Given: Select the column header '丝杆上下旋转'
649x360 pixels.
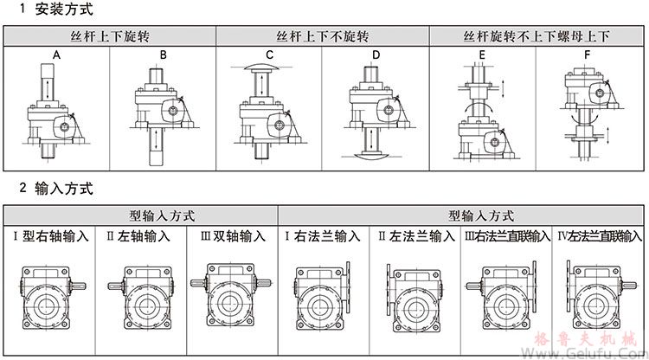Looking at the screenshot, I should click(x=111, y=37).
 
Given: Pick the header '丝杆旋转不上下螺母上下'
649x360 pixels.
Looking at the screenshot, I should click(x=537, y=37).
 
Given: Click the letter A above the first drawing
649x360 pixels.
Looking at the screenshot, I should click(x=56, y=55).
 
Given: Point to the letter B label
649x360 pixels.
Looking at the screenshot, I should click(x=162, y=55).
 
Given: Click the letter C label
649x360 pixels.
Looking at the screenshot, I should click(x=269, y=55).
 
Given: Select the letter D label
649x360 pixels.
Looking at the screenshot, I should click(x=375, y=55).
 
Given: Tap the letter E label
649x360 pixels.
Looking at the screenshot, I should click(x=482, y=55).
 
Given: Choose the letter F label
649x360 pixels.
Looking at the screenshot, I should click(x=588, y=55).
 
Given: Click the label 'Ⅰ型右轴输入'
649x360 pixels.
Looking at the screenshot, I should click(x=50, y=235).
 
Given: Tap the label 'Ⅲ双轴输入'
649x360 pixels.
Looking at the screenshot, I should click(x=232, y=235).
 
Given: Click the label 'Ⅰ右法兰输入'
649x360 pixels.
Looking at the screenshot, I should click(x=322, y=235).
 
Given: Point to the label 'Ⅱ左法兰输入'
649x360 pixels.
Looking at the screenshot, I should click(x=414, y=235).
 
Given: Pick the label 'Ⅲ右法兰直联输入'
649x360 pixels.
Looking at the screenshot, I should click(x=506, y=235).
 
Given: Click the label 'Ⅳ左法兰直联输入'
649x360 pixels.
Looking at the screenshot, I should click(x=599, y=235).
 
